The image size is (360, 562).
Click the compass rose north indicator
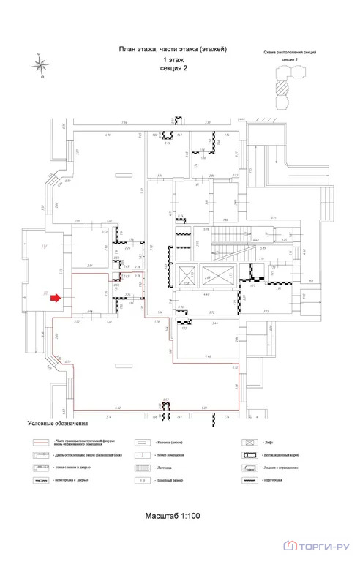click(x=42, y=64)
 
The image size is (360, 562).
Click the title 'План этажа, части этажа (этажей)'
click(x=173, y=48)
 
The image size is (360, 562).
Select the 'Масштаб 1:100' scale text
click(x=173, y=517)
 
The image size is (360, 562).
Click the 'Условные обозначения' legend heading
click(x=58, y=424)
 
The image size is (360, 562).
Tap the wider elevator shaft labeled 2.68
click(x=207, y=277)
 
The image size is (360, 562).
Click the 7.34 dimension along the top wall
click(x=124, y=123)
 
